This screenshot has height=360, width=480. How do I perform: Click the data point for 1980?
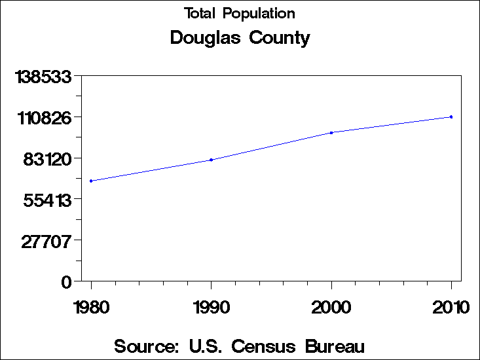click(91, 181)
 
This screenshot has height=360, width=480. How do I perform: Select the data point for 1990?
click(212, 160)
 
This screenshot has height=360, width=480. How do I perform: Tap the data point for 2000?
click(331, 133)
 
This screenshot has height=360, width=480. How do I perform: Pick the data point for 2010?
click(451, 117)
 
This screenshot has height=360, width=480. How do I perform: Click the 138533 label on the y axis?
click(44, 77)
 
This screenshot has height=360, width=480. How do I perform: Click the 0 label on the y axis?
click(65, 282)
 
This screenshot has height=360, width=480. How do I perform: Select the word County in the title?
click(280, 38)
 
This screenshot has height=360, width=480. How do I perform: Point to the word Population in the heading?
click(258, 14)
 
